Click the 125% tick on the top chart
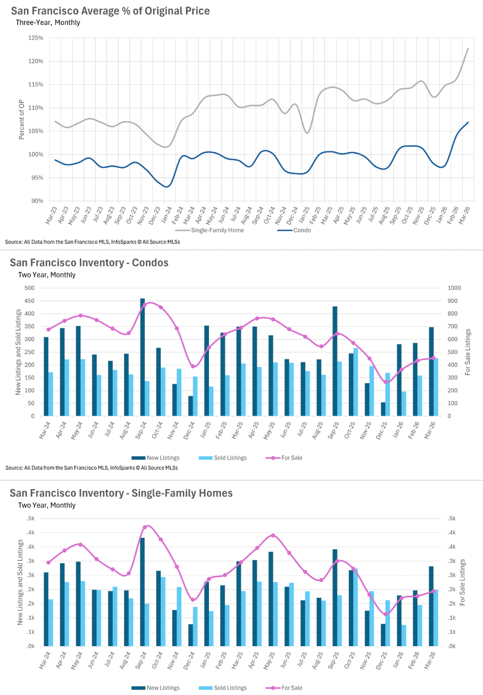coord(36,38)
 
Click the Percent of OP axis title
coord(21,120)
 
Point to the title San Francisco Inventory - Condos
coord(89,263)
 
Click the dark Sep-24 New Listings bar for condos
coord(142,357)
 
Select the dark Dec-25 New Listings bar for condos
coord(383,409)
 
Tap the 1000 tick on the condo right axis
coord(454,288)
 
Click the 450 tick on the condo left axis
coord(29,301)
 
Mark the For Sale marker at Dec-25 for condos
coord(385,382)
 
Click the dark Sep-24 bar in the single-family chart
coord(142,592)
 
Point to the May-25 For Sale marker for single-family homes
coord(273,535)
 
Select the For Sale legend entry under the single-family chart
coord(291,688)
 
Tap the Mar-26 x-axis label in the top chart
coord(465,215)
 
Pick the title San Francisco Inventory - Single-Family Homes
coord(121,494)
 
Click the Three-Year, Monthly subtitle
coord(48,23)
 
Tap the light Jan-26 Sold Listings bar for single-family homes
coord(404,635)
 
